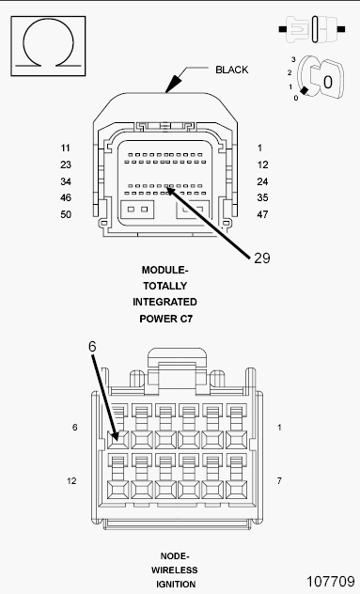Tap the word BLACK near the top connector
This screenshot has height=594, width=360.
[232, 70]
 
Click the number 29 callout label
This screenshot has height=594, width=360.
[262, 258]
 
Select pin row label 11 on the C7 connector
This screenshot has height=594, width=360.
[66, 148]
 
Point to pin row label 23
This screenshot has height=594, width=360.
[66, 164]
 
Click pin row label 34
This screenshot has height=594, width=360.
[66, 181]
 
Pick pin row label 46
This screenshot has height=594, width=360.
[66, 197]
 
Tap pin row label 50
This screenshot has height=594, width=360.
[66, 214]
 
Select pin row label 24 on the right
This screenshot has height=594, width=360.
[262, 181]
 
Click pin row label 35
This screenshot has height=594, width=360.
[262, 197]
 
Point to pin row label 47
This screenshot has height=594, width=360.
[262, 214]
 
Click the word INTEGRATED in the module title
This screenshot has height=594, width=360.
[164, 303]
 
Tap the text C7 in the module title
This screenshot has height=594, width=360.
[186, 319]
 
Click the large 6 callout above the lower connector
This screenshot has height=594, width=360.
[92, 347]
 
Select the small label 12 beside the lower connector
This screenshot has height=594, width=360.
[71, 481]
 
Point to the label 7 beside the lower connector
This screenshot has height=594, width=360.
[279, 481]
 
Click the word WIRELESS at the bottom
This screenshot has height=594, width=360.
[175, 571]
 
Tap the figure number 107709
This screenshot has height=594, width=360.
[331, 582]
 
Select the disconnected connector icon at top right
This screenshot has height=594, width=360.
[312, 29]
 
